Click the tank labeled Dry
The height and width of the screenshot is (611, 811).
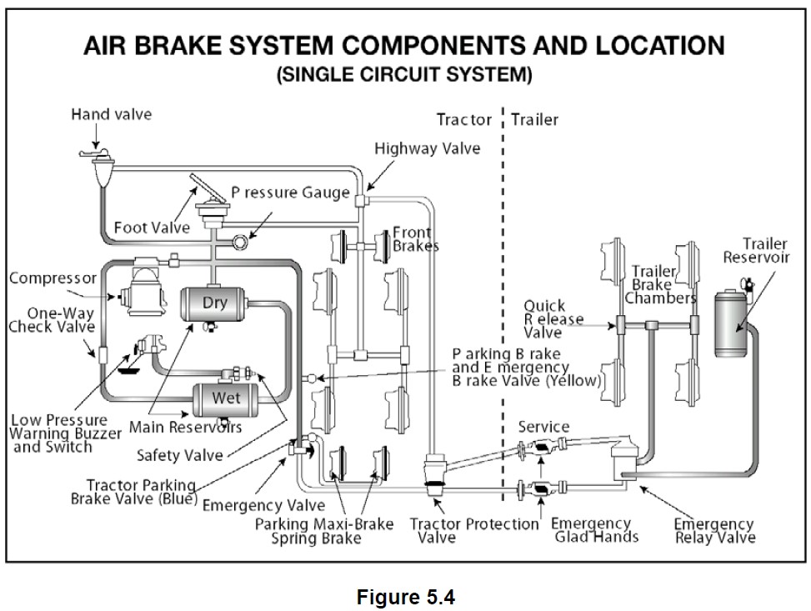[x=214, y=308]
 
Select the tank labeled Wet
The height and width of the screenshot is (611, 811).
[x=226, y=401]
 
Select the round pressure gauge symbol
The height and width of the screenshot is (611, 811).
[x=239, y=243]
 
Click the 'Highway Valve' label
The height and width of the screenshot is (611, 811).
[x=427, y=148]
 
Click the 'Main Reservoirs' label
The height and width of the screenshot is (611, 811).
[x=185, y=428]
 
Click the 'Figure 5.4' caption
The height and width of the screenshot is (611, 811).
[x=406, y=593]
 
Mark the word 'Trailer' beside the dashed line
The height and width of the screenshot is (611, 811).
[x=535, y=119]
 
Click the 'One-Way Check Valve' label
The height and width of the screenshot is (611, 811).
[x=52, y=319]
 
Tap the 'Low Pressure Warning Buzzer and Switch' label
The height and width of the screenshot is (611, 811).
[x=58, y=433]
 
